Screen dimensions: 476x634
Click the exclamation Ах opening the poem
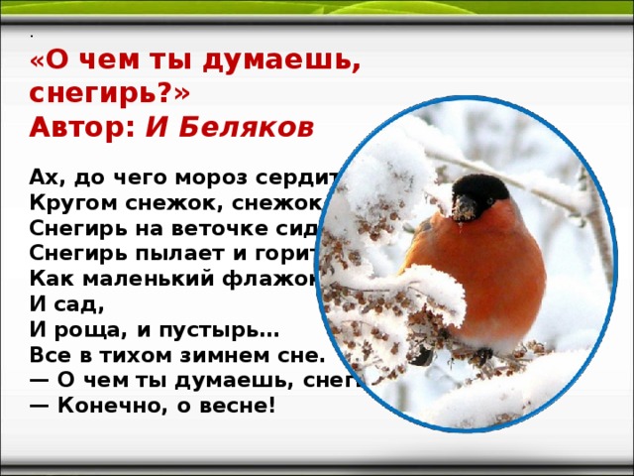(48, 178)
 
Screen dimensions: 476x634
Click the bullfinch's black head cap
(480, 188)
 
